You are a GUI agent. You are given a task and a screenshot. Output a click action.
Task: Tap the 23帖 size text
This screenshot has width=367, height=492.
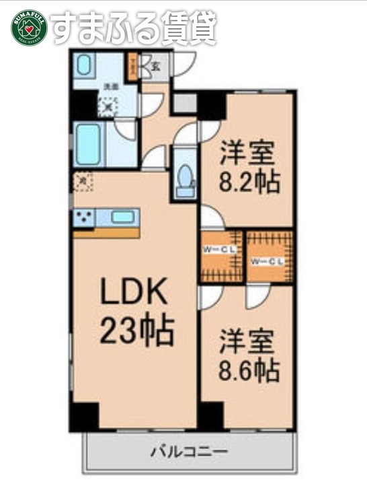138,330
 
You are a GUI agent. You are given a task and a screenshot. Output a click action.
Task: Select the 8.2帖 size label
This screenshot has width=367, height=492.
248,182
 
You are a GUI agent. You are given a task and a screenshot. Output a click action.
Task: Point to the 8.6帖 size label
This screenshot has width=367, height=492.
248,369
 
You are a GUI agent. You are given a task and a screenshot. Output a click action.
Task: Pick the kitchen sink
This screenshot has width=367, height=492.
122,217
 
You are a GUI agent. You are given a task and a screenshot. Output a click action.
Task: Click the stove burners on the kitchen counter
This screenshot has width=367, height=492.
85,217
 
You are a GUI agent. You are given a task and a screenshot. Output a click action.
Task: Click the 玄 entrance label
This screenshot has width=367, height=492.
155,66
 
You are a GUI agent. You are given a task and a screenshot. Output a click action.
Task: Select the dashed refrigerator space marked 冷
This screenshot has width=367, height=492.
81,181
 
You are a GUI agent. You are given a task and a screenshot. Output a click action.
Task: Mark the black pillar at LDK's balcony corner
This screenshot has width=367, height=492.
85,415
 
